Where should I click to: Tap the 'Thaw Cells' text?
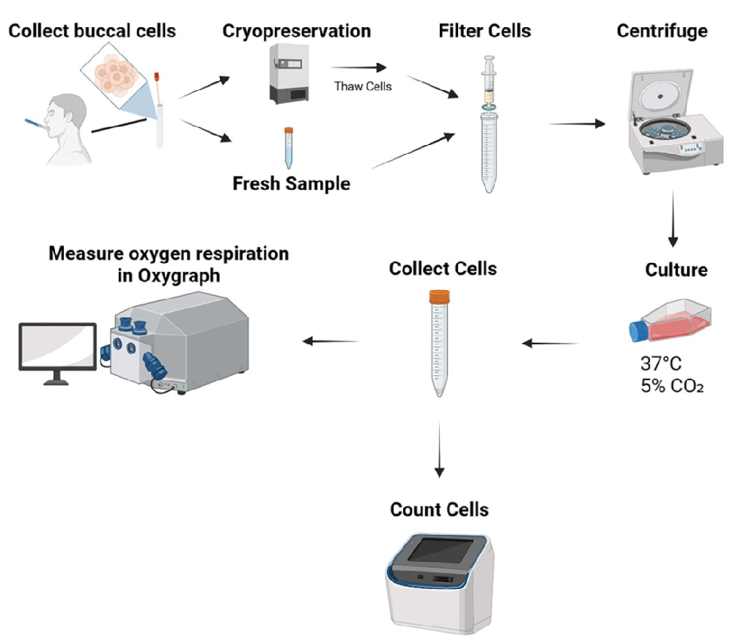[x=363, y=86]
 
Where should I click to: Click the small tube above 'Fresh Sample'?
[x=288, y=147]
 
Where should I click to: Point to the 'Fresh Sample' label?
[x=291, y=183]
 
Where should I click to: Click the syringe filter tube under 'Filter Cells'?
[x=488, y=125]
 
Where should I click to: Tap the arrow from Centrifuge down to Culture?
[x=674, y=221]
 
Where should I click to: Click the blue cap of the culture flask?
[x=636, y=330]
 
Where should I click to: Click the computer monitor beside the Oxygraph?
[x=56, y=348]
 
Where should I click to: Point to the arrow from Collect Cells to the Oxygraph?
[x=331, y=341]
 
